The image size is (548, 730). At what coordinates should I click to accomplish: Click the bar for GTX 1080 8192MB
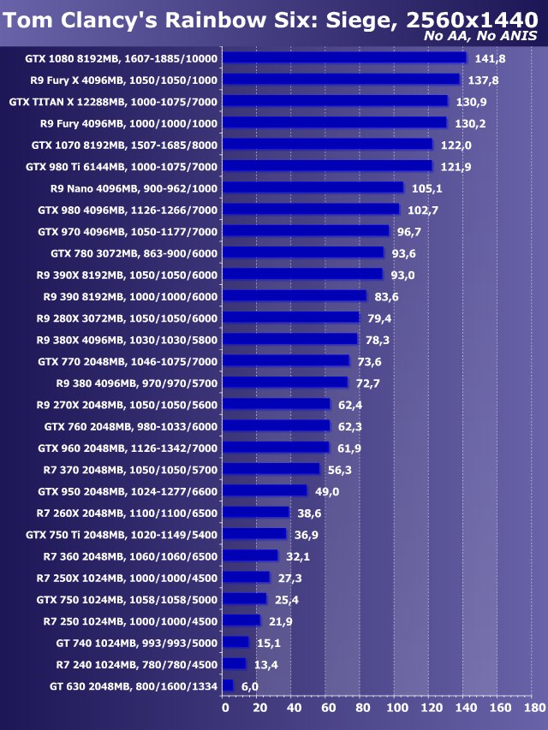(344, 57)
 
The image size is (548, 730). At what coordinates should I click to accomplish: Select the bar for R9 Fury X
(342, 79)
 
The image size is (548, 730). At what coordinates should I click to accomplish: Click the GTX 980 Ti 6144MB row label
(122, 166)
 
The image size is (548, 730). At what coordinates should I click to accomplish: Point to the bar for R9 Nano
(313, 187)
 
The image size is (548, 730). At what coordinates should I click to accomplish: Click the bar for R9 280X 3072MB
(291, 318)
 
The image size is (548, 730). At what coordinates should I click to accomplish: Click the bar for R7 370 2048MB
(271, 469)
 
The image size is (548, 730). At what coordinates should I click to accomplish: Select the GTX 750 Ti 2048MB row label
(122, 534)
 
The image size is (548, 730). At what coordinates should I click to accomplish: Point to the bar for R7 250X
(247, 577)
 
